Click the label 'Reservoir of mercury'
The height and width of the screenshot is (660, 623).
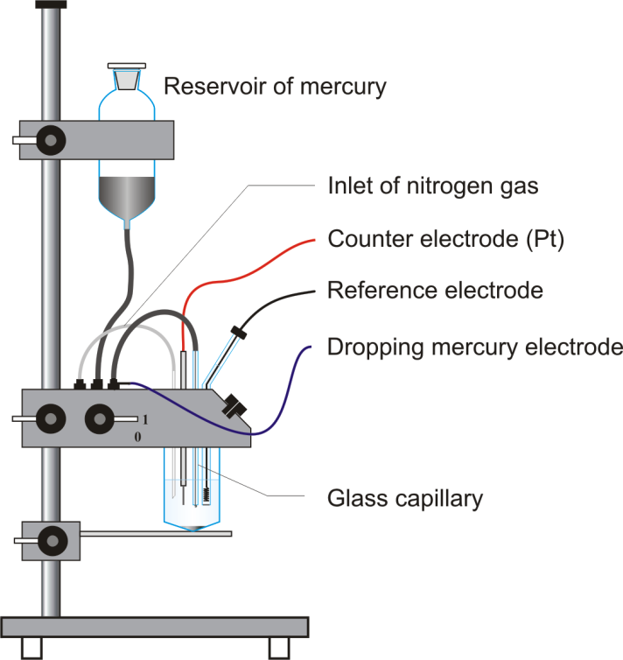[275, 87]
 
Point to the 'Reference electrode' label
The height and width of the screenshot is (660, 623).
[435, 290]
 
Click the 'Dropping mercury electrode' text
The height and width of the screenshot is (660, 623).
[473, 348]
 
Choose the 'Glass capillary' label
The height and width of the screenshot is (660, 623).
[405, 499]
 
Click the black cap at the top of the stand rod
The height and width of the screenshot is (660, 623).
[51, 4]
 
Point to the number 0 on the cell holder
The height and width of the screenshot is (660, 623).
[137, 436]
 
